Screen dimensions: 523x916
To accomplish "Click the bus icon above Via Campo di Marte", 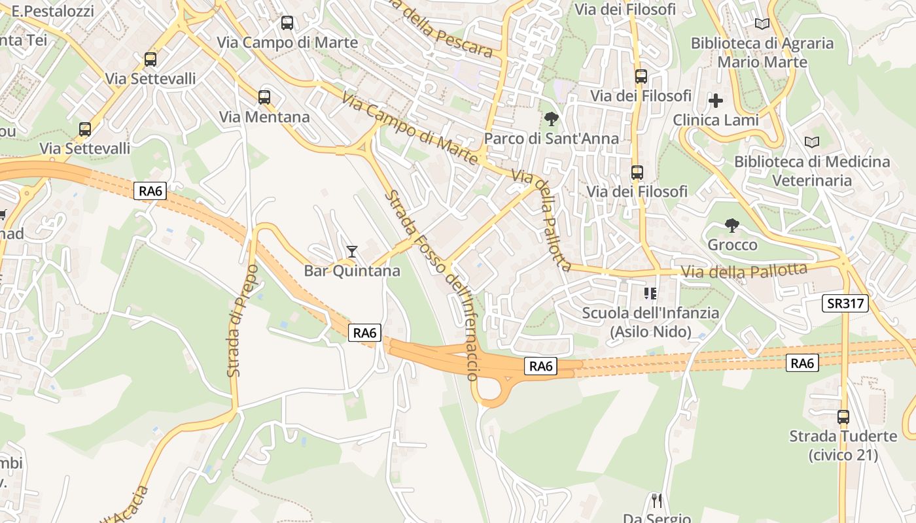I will pyautogui.click(x=287, y=23).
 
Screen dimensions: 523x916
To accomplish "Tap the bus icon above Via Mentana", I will pyautogui.click(x=264, y=97).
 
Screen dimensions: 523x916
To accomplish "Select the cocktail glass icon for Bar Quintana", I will pyautogui.click(x=352, y=251).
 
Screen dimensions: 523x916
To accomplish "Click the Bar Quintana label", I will pyautogui.click(x=352, y=271).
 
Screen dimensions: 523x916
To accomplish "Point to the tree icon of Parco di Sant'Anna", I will pyautogui.click(x=552, y=119).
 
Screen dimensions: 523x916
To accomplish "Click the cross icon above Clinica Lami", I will pyautogui.click(x=716, y=101).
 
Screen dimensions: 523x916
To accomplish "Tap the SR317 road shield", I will pyautogui.click(x=845, y=303).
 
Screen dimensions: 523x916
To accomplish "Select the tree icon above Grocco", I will pyautogui.click(x=732, y=226).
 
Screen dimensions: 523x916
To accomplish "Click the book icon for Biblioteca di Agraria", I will pyautogui.click(x=762, y=24).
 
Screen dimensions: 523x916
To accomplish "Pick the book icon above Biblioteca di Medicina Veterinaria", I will pyautogui.click(x=812, y=142).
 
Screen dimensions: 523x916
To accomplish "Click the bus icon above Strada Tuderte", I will pyautogui.click(x=843, y=416).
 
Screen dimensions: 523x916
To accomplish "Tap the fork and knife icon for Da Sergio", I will pyautogui.click(x=657, y=501).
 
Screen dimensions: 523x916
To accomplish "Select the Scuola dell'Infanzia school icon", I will pyautogui.click(x=650, y=293).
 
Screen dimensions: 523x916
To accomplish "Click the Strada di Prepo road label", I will pyautogui.click(x=242, y=320).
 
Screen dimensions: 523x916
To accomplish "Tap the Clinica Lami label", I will pyautogui.click(x=716, y=120).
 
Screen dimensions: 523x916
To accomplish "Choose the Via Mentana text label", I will pyautogui.click(x=264, y=117).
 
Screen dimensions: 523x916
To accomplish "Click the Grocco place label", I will pyautogui.click(x=732, y=245).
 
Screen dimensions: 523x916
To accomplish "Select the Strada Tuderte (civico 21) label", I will pyautogui.click(x=843, y=445).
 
